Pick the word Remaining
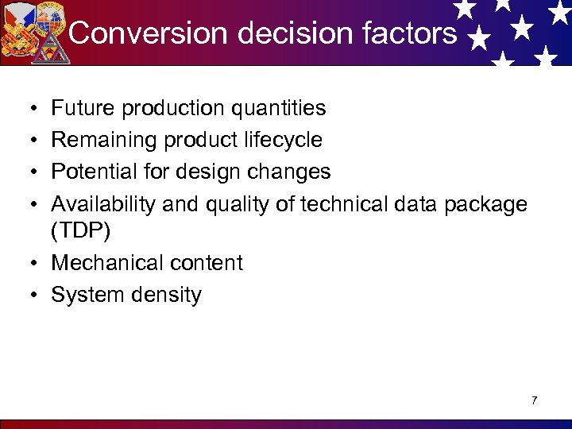105,141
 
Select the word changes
291,172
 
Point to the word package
485,205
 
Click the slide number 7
534,400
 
